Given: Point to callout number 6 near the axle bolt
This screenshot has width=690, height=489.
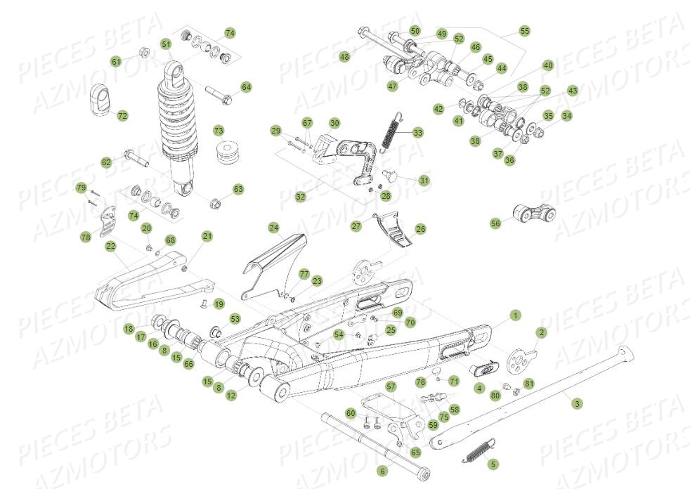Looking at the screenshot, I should [382, 471].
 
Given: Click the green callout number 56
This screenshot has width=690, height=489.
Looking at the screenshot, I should [496, 223].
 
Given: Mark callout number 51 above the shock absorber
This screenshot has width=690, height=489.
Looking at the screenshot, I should [166, 44].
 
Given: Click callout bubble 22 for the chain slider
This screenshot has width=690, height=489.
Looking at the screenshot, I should [110, 246].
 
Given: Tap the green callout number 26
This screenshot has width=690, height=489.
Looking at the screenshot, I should [420, 228].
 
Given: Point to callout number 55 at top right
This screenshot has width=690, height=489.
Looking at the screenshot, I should [524, 31].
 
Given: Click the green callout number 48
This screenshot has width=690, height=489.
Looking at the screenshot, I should [344, 56].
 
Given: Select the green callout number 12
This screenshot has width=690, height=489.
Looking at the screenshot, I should [231, 397].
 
